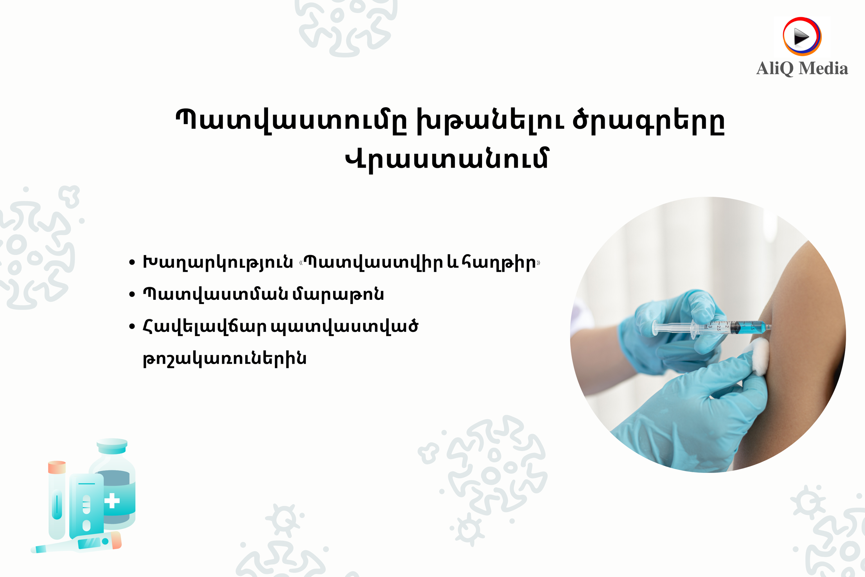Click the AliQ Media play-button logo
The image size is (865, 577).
coord(802,36)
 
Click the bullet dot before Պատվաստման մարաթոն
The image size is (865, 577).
coord(132,295)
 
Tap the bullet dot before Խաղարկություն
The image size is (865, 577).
coord(132,263)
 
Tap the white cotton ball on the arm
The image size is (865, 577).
coord(759,355)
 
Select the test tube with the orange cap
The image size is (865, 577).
coord(57,500)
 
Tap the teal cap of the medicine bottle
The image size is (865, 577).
coord(112,446)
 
